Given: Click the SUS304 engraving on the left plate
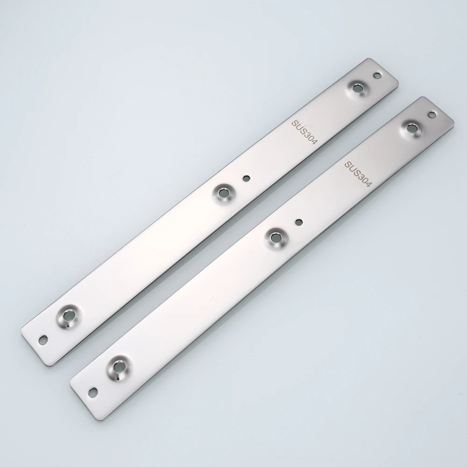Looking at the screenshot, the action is click(304, 132).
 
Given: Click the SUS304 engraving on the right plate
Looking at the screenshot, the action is click(358, 174).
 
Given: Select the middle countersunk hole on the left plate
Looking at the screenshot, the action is click(223, 193).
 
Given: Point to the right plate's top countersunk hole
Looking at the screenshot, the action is click(412, 128).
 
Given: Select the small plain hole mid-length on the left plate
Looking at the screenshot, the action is click(246, 178).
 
